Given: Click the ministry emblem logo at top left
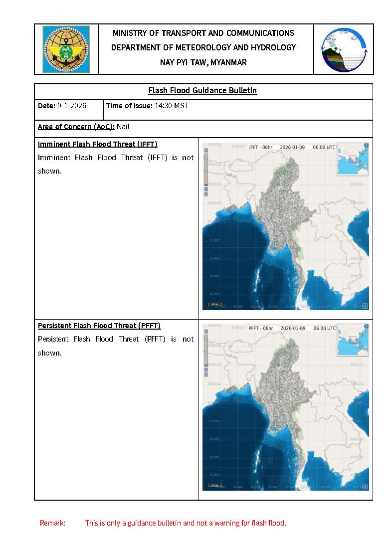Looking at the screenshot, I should (x=66, y=49).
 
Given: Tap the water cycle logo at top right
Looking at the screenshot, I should (x=344, y=49).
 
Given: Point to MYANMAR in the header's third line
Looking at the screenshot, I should (x=229, y=62).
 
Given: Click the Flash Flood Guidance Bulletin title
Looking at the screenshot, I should (x=203, y=91).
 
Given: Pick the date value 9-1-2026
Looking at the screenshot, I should (x=71, y=106).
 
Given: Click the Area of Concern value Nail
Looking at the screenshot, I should (x=123, y=127).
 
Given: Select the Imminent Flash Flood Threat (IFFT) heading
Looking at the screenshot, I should (x=98, y=144).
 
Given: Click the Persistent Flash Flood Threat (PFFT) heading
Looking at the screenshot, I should (x=99, y=326).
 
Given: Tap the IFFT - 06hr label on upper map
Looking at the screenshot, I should (x=261, y=148).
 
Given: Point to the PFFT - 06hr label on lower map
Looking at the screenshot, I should (x=261, y=329).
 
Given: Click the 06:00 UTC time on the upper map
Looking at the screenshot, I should (x=324, y=148).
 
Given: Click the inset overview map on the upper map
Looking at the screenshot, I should (x=353, y=160).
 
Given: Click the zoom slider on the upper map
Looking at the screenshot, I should (x=205, y=170).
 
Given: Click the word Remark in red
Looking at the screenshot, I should (x=52, y=523).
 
